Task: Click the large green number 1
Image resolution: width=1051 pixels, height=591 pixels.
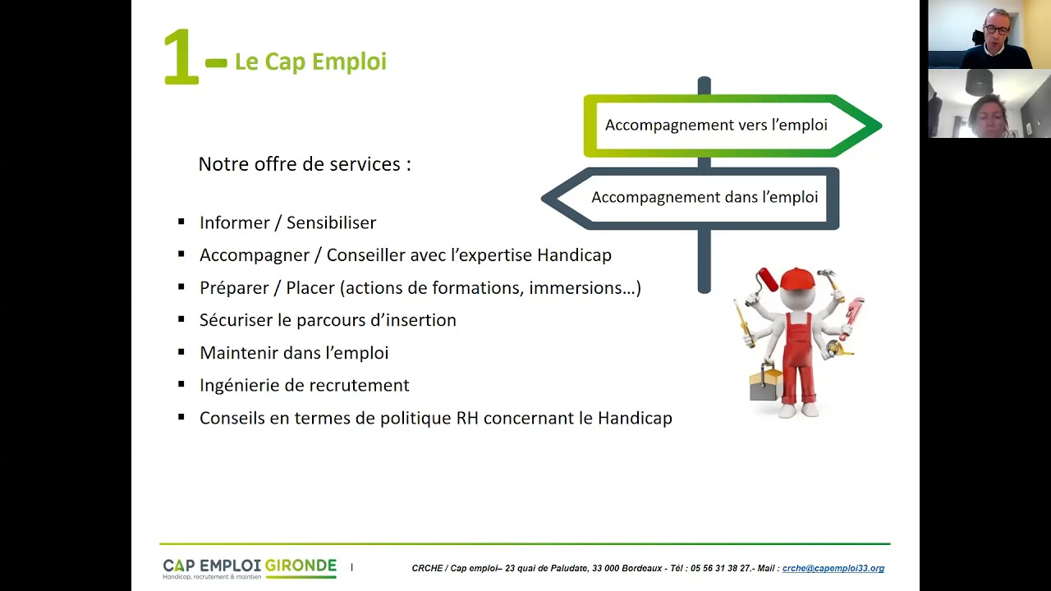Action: tap(181, 57)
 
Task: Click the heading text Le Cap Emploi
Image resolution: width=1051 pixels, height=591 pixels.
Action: tap(310, 62)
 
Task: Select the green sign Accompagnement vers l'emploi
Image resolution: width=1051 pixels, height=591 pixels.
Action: tap(716, 126)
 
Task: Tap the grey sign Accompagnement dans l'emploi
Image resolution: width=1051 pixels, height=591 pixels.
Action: tap(704, 198)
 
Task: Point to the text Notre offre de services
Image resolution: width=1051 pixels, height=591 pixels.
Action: tap(305, 164)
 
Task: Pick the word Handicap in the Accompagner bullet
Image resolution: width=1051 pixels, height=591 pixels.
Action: tap(574, 255)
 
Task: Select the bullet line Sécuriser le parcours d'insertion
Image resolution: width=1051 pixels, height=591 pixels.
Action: tap(328, 321)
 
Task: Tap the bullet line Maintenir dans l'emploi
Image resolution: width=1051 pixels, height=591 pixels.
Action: tap(294, 353)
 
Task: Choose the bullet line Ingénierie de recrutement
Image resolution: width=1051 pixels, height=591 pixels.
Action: tap(304, 386)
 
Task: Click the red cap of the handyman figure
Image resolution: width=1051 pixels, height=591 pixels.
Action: tap(796, 279)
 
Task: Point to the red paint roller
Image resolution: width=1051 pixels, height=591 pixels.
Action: tap(768, 279)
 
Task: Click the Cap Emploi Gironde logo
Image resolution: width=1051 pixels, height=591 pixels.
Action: tap(250, 568)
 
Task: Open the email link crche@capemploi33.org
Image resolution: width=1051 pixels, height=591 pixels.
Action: tap(833, 569)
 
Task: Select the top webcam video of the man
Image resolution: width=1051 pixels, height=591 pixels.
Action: tap(989, 34)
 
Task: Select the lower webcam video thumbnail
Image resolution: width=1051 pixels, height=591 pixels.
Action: tap(989, 103)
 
